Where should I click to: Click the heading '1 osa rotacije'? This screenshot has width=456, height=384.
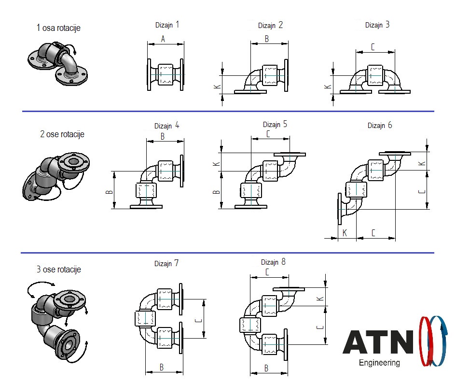coord(58,28)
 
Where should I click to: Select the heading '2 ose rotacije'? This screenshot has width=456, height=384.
coord(62,134)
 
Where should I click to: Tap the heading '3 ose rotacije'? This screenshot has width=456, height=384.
coord(59,270)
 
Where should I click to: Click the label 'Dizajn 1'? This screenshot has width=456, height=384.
coord(167,25)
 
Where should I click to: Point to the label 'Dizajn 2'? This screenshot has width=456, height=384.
coord(270,25)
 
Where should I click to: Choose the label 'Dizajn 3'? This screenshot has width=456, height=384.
coord(377,25)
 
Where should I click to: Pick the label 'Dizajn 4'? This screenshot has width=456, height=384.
coord(166,126)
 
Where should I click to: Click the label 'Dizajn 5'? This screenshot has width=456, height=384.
coord(275,124)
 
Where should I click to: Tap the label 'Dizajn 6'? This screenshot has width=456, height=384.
coord(380,126)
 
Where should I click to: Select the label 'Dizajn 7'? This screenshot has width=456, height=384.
coord(166,263)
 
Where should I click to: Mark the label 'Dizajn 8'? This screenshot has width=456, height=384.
coord(274,262)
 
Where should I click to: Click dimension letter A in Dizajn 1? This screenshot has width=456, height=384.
coord(163,39)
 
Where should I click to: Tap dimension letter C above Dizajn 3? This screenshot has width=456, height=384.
coord(373,47)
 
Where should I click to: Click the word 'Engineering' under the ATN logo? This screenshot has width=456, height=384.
coord(379,363)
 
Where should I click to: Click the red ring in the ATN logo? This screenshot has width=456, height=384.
coord(427,341)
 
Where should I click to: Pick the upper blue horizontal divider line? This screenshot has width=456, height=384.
coord(228,111)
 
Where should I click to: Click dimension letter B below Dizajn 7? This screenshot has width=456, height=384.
coord(162,368)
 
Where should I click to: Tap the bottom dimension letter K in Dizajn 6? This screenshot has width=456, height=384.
coord(345,233)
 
